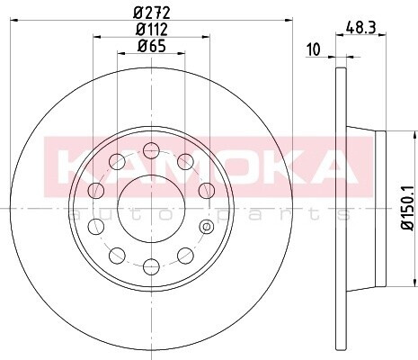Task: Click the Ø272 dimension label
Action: coord(152,13)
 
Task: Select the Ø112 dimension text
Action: coord(152,30)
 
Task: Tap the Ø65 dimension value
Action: coord(152,46)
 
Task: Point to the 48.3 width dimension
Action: coord(360,28)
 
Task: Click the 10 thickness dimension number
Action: coord(314,49)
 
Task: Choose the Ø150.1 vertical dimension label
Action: coord(407,208)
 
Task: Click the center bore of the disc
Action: coord(151,208)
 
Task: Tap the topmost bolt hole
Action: coord(151,150)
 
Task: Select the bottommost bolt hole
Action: coord(151,266)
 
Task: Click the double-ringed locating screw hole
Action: coord(206,226)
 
